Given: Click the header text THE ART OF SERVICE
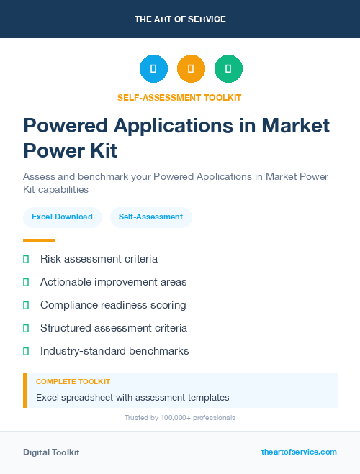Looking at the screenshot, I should click(x=180, y=19).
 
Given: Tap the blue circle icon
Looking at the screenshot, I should click(x=153, y=69).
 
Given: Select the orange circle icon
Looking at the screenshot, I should click(x=191, y=69).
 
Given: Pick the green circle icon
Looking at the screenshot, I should click(x=228, y=69).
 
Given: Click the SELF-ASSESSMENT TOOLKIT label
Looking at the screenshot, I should click(x=179, y=97).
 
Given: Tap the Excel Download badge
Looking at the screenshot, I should click(x=62, y=217).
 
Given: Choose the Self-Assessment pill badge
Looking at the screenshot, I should click(x=150, y=217).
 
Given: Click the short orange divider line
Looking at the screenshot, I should click(x=39, y=240).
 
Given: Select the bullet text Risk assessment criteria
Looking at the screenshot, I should click(x=99, y=259).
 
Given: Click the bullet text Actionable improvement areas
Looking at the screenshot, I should click(x=113, y=282).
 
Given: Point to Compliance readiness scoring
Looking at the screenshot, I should click(x=113, y=305).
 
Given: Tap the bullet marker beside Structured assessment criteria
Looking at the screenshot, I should click(x=26, y=328).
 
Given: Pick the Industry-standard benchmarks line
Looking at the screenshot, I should click(x=114, y=351).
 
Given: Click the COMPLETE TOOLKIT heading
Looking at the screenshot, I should click(x=73, y=382).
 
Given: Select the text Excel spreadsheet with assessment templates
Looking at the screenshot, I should click(x=132, y=397).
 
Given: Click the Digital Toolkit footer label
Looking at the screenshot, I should click(x=51, y=452).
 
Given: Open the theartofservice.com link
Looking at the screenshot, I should click(x=299, y=452).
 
